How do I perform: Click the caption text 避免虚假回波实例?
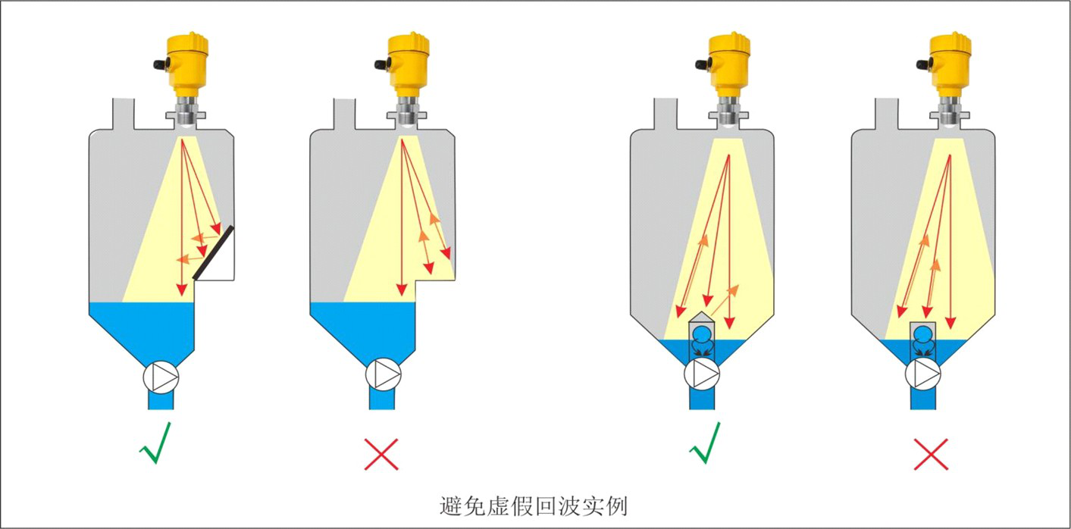(534, 505)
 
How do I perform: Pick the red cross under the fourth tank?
(931, 454)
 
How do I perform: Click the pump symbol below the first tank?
(161, 376)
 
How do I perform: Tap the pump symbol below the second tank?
(383, 374)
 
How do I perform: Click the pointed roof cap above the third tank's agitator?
(702, 315)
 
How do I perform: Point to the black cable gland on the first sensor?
(160, 64)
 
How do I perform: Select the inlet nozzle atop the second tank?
(346, 114)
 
